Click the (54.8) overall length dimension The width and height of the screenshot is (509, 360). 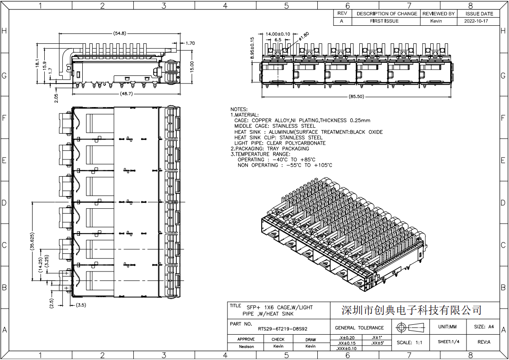click(x=119, y=33)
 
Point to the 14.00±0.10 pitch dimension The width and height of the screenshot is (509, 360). click(x=278, y=34)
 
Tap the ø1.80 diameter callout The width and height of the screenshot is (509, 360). click(x=304, y=37)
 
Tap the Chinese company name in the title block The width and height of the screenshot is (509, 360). click(x=411, y=310)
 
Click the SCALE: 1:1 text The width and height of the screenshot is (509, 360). click(x=409, y=342)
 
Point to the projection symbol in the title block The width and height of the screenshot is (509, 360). click(x=410, y=327)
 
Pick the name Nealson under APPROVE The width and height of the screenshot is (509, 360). click(x=246, y=346)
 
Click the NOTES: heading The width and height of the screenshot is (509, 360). click(x=239, y=109)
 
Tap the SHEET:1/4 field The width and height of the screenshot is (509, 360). click(x=448, y=342)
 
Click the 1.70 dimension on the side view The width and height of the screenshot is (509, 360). click(x=190, y=43)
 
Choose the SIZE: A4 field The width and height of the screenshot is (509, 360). click(x=484, y=327)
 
